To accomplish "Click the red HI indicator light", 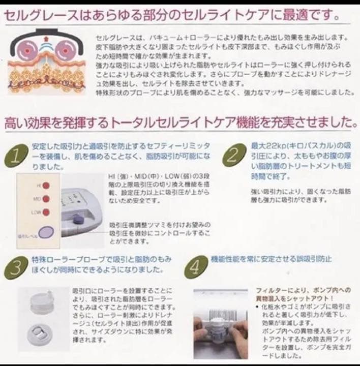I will pos(46,186).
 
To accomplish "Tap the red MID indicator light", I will pos(46,199).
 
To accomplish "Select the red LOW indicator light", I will pos(46,212).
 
